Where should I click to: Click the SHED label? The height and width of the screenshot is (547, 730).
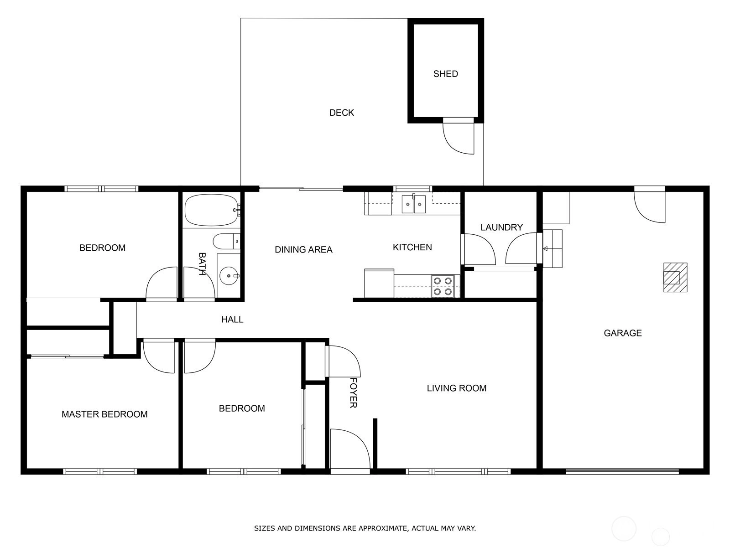445,74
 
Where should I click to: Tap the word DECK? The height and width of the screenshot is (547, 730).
342,113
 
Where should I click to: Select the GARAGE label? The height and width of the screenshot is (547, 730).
623,333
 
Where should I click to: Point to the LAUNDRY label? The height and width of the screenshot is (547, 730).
501,227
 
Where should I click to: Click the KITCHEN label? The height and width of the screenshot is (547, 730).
412,247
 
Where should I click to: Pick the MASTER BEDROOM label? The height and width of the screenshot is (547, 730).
104,414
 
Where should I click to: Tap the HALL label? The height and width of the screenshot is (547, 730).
233,320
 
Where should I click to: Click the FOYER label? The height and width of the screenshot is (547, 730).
354,393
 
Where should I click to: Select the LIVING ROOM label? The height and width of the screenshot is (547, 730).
457,388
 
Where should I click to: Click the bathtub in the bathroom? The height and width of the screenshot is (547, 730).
212,210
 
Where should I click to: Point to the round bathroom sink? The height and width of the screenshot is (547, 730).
229,276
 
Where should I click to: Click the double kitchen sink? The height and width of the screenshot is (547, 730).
414,204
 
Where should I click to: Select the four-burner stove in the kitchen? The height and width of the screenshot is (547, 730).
443,286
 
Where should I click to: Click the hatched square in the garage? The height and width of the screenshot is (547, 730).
675,277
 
